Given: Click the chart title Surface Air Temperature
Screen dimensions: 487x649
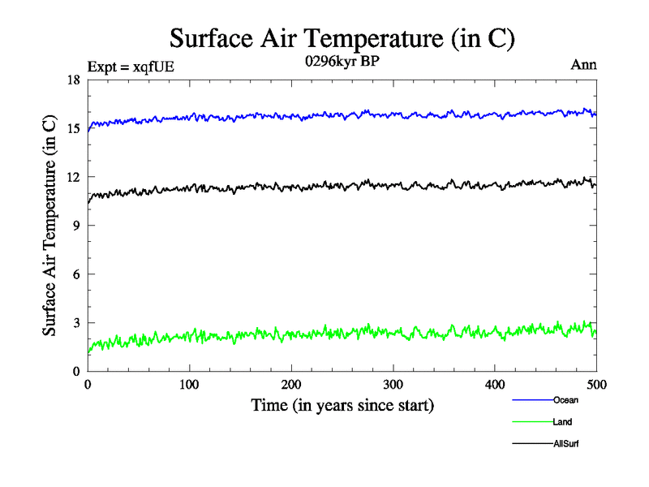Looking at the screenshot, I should point(342,38).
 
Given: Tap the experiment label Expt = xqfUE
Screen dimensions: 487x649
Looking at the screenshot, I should point(131,67).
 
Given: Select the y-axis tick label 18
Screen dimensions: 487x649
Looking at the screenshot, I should point(71,80).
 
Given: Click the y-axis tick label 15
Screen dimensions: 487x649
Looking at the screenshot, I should point(71,128).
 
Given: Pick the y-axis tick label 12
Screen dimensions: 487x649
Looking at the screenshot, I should point(71,177).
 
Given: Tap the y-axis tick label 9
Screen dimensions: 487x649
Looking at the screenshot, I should point(75,226).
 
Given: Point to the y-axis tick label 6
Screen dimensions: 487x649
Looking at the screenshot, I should point(75,274).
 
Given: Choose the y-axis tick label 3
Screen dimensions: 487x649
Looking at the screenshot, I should point(75,323).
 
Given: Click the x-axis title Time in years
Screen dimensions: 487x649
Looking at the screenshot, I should point(342,405).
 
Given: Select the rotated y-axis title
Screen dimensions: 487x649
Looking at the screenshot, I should point(50,226).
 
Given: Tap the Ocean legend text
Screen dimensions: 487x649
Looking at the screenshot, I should point(565,399).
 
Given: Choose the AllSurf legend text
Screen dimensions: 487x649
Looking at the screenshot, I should point(566,443).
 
